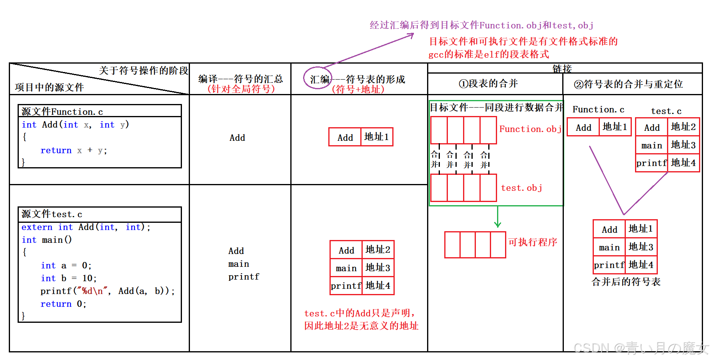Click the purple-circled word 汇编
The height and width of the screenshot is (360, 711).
[x=320, y=79]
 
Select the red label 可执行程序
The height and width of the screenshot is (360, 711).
[x=533, y=242]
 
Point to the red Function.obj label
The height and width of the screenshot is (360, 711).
[x=530, y=129]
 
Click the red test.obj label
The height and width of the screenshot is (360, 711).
[x=521, y=188]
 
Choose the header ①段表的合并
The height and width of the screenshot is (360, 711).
[x=488, y=84]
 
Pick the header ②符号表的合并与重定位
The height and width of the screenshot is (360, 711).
[x=628, y=84]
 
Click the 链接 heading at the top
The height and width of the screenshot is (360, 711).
[x=562, y=68]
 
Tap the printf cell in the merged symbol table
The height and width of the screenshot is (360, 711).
[x=609, y=265]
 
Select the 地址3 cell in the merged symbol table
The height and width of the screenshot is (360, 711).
[x=641, y=247]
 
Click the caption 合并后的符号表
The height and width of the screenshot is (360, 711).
[x=626, y=282]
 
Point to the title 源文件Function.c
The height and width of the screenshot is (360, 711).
[x=62, y=112]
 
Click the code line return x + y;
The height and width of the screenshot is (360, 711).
[x=74, y=150]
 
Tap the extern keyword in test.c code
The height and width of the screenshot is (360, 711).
[x=37, y=227]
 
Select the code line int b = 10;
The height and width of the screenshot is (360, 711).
[x=68, y=278]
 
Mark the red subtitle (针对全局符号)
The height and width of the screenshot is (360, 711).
[x=241, y=89]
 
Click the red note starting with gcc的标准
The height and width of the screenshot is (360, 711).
[x=489, y=54]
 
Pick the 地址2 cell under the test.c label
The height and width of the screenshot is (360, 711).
[x=683, y=127]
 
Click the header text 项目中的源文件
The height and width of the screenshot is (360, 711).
[x=50, y=88]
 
